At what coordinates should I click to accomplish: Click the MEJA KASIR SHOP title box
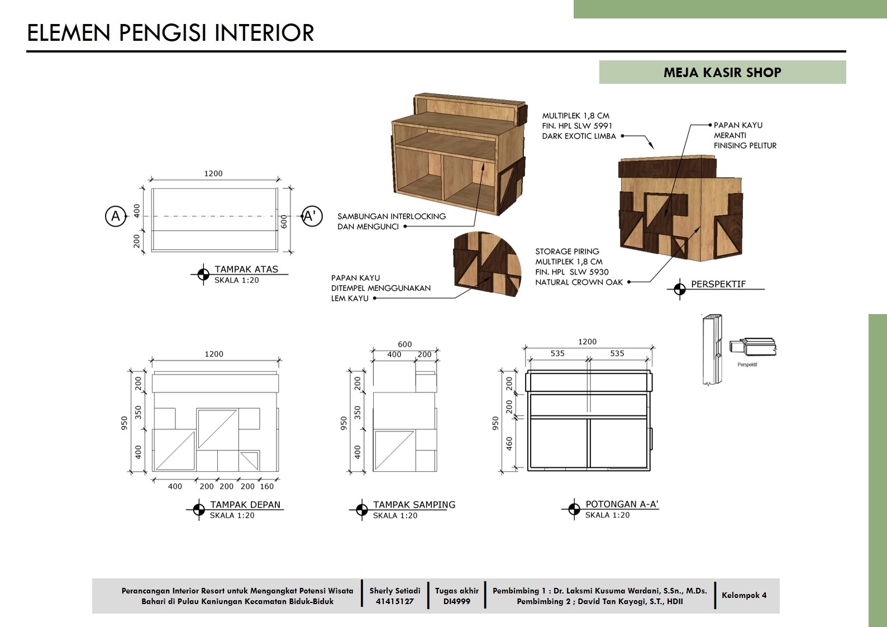[722, 72]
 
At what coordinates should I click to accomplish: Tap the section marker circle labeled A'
[312, 216]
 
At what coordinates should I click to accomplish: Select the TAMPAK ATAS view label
[246, 269]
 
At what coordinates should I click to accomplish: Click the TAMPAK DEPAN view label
[245, 505]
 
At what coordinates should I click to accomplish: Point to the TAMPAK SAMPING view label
[414, 505]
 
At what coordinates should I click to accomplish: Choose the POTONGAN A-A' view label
[622, 504]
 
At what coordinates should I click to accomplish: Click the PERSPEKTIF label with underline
[718, 284]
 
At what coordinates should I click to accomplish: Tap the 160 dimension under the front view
[267, 486]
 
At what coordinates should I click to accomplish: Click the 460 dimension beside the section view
[509, 444]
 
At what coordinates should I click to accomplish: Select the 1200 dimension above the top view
[213, 173]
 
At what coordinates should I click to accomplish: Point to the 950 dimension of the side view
[344, 423]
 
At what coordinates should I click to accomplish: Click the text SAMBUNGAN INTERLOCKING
[392, 216]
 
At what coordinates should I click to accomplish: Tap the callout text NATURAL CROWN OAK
[579, 282]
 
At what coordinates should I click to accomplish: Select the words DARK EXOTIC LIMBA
[579, 136]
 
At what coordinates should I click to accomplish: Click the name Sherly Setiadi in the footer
[395, 591]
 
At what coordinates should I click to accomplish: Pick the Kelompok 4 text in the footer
[744, 595]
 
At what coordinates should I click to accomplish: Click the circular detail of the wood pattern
[488, 264]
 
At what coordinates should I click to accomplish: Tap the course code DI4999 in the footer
[457, 601]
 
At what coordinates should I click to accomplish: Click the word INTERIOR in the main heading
[264, 32]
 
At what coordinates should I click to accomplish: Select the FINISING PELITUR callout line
[745, 146]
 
